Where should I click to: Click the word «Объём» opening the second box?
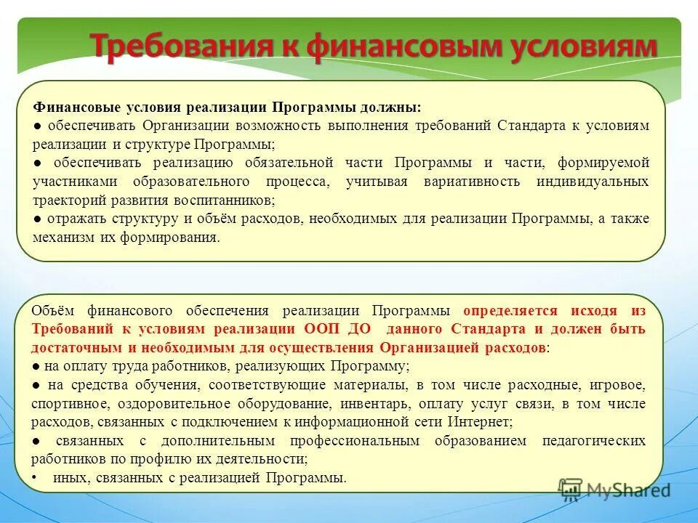point(52,311)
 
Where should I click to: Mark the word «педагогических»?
point(593,441)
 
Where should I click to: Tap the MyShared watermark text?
point(628,490)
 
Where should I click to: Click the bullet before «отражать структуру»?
point(37,219)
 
